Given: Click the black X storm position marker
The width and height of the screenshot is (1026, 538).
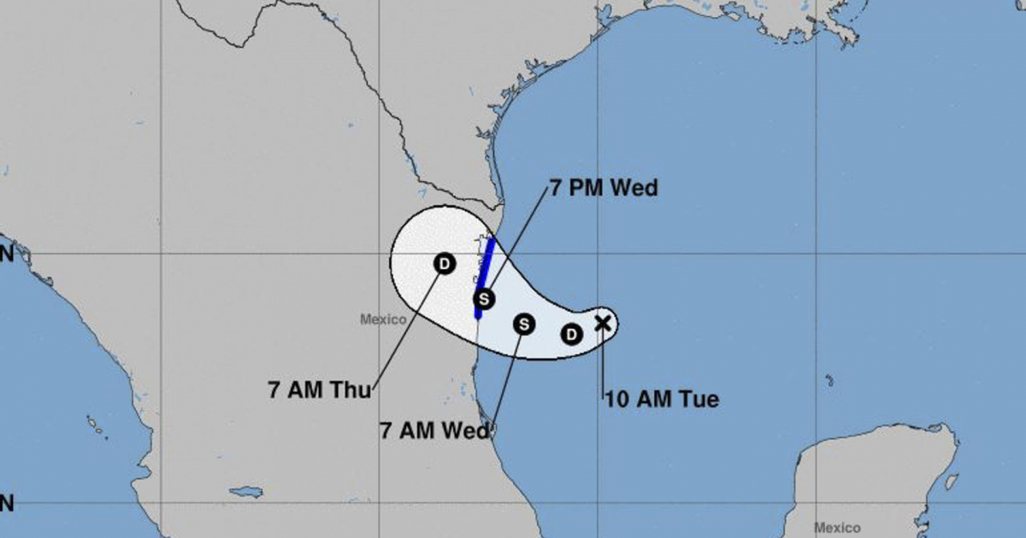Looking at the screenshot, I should tap(602, 322).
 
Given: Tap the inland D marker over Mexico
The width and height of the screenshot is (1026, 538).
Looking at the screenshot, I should tap(444, 264).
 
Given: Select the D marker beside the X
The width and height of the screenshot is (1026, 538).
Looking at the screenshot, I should tap(571, 334).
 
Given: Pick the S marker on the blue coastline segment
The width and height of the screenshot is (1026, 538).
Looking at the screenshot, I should tap(485, 299).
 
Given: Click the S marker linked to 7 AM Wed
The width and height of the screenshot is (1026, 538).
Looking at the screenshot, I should tap(524, 324).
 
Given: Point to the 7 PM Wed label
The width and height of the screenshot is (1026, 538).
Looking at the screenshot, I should tap(603, 188).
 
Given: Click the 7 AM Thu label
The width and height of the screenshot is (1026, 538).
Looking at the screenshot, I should tap(319, 391).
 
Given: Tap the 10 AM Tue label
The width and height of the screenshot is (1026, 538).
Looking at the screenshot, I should tap(662, 399).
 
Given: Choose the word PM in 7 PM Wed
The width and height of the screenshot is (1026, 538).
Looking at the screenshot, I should tap(592, 188).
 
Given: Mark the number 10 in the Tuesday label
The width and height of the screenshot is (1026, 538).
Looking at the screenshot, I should tap(616, 399).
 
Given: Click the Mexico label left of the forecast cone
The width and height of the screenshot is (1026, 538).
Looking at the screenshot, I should tap(381, 319).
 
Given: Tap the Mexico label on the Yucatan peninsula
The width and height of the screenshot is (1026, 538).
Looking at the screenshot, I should tap(837, 527).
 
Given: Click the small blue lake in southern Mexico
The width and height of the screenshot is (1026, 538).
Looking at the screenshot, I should tap(246, 493).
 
